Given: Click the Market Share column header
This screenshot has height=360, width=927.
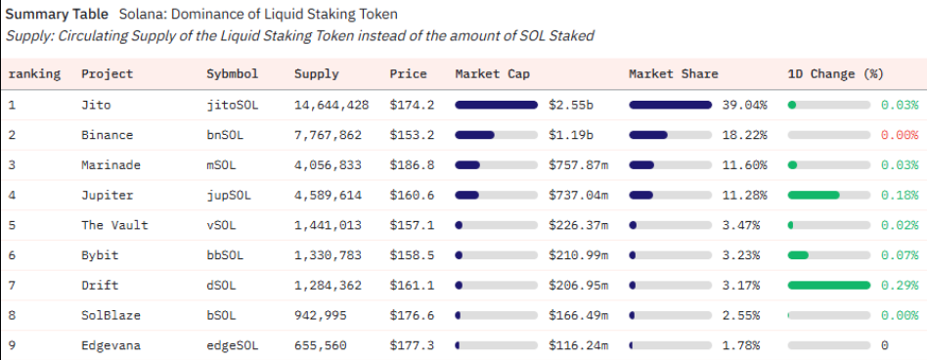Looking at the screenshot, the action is [x=674, y=74].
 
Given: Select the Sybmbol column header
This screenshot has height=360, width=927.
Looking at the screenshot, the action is [x=233, y=74].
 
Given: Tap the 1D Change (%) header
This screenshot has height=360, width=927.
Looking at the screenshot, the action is [x=835, y=74].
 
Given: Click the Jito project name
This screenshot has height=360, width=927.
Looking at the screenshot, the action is [x=96, y=106].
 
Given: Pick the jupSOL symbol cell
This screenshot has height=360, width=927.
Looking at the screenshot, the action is [x=229, y=195].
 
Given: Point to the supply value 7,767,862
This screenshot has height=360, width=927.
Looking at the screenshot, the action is [x=328, y=135].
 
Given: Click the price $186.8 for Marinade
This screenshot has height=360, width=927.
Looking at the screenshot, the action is [x=412, y=165].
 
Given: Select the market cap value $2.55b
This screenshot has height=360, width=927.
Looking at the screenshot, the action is [x=571, y=106].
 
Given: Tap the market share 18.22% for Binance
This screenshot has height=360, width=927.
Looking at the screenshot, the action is [x=744, y=135].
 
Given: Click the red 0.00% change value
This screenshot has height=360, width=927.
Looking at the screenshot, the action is [x=900, y=135].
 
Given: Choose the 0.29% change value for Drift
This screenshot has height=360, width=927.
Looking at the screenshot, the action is [x=900, y=285].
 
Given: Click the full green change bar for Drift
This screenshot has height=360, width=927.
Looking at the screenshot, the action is [x=829, y=285].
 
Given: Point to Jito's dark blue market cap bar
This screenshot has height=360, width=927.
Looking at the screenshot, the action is [x=496, y=106].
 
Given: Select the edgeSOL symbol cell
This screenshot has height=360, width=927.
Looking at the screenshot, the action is [x=233, y=345].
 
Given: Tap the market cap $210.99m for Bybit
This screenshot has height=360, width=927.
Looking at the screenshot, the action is [x=578, y=255].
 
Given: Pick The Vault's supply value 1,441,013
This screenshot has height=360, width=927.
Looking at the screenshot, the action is [x=328, y=225].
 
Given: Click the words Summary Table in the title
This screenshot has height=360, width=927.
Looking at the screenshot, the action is [x=57, y=14].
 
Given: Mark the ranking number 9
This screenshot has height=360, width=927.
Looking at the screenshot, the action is [x=12, y=345].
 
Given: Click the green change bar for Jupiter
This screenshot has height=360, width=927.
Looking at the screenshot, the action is [x=814, y=195].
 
